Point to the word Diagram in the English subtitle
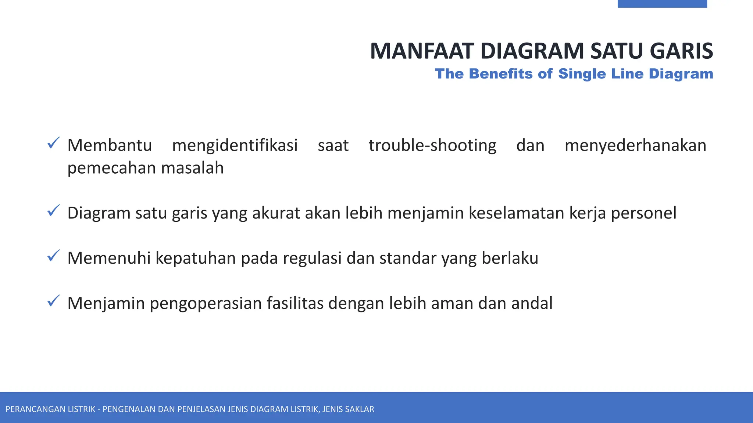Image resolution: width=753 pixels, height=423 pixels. coord(681,74)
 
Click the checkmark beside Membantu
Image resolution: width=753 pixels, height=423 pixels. coord(54,143)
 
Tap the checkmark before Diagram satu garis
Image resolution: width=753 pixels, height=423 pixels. coord(54,211)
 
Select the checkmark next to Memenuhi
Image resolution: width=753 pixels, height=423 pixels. coord(54,256)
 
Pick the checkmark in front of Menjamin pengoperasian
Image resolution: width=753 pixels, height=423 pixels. coord(54,301)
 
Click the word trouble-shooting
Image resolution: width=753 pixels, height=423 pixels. coord(432,145)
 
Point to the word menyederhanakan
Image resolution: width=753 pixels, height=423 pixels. coord(635,145)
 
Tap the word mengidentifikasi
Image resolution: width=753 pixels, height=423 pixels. coord(235,145)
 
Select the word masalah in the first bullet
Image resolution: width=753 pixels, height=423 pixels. coord(192,168)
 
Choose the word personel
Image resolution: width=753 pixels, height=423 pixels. coord(643,213)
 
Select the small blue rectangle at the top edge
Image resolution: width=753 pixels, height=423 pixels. coord(662,4)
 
